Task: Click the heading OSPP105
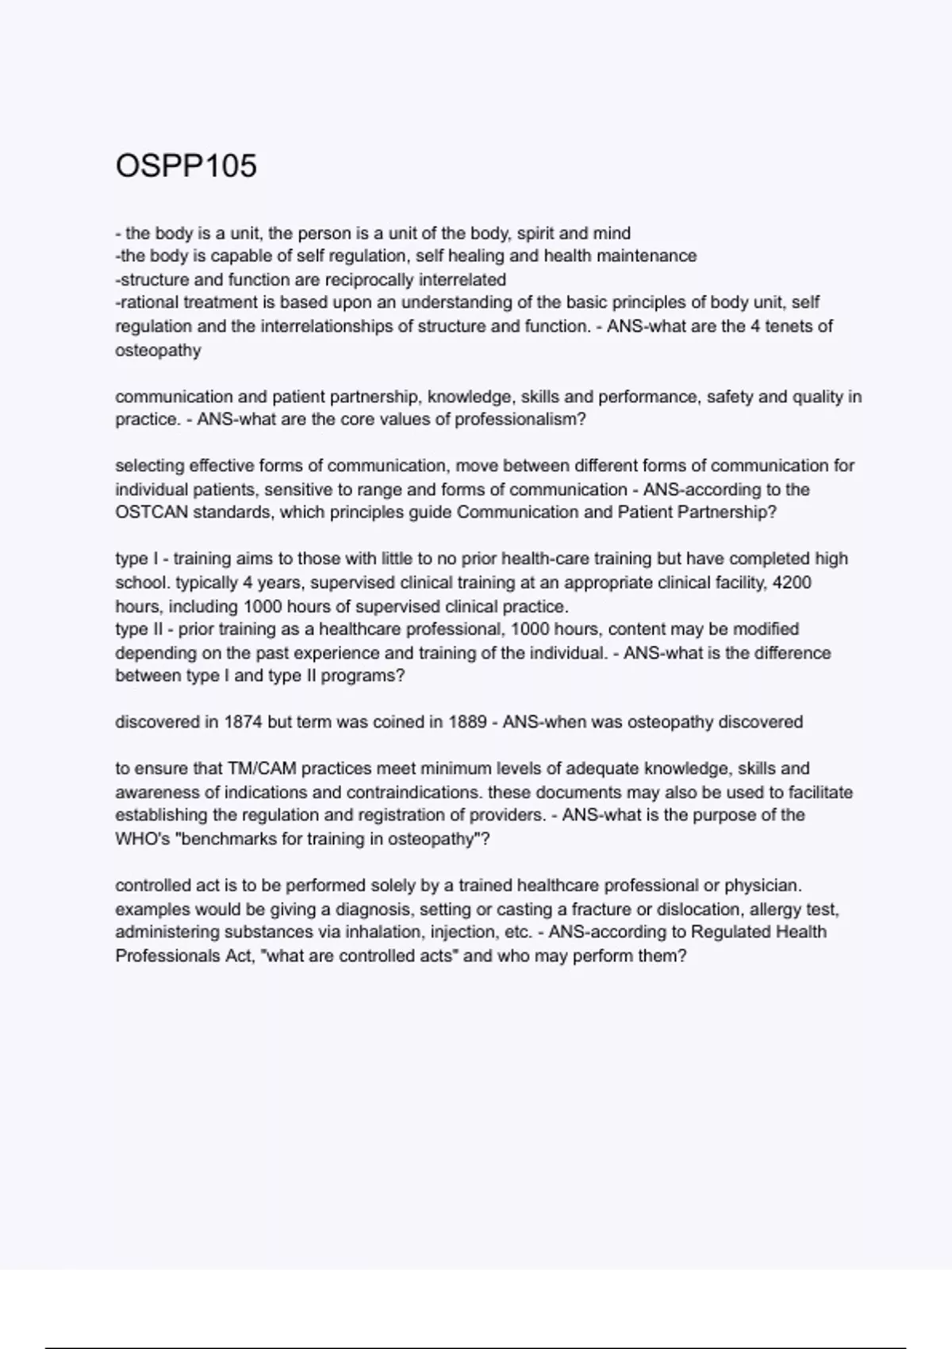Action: pos(186,166)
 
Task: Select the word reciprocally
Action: pos(359,279)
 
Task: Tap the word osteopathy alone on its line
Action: pos(158,350)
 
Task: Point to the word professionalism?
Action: pos(520,419)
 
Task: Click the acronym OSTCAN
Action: pos(152,512)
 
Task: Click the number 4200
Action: pos(792,582)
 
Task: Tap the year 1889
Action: pos(467,722)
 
